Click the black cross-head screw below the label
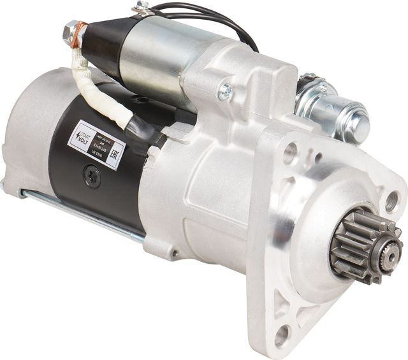coord(92,176)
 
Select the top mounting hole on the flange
coord(291,152)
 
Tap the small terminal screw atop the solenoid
coord(142,8)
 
